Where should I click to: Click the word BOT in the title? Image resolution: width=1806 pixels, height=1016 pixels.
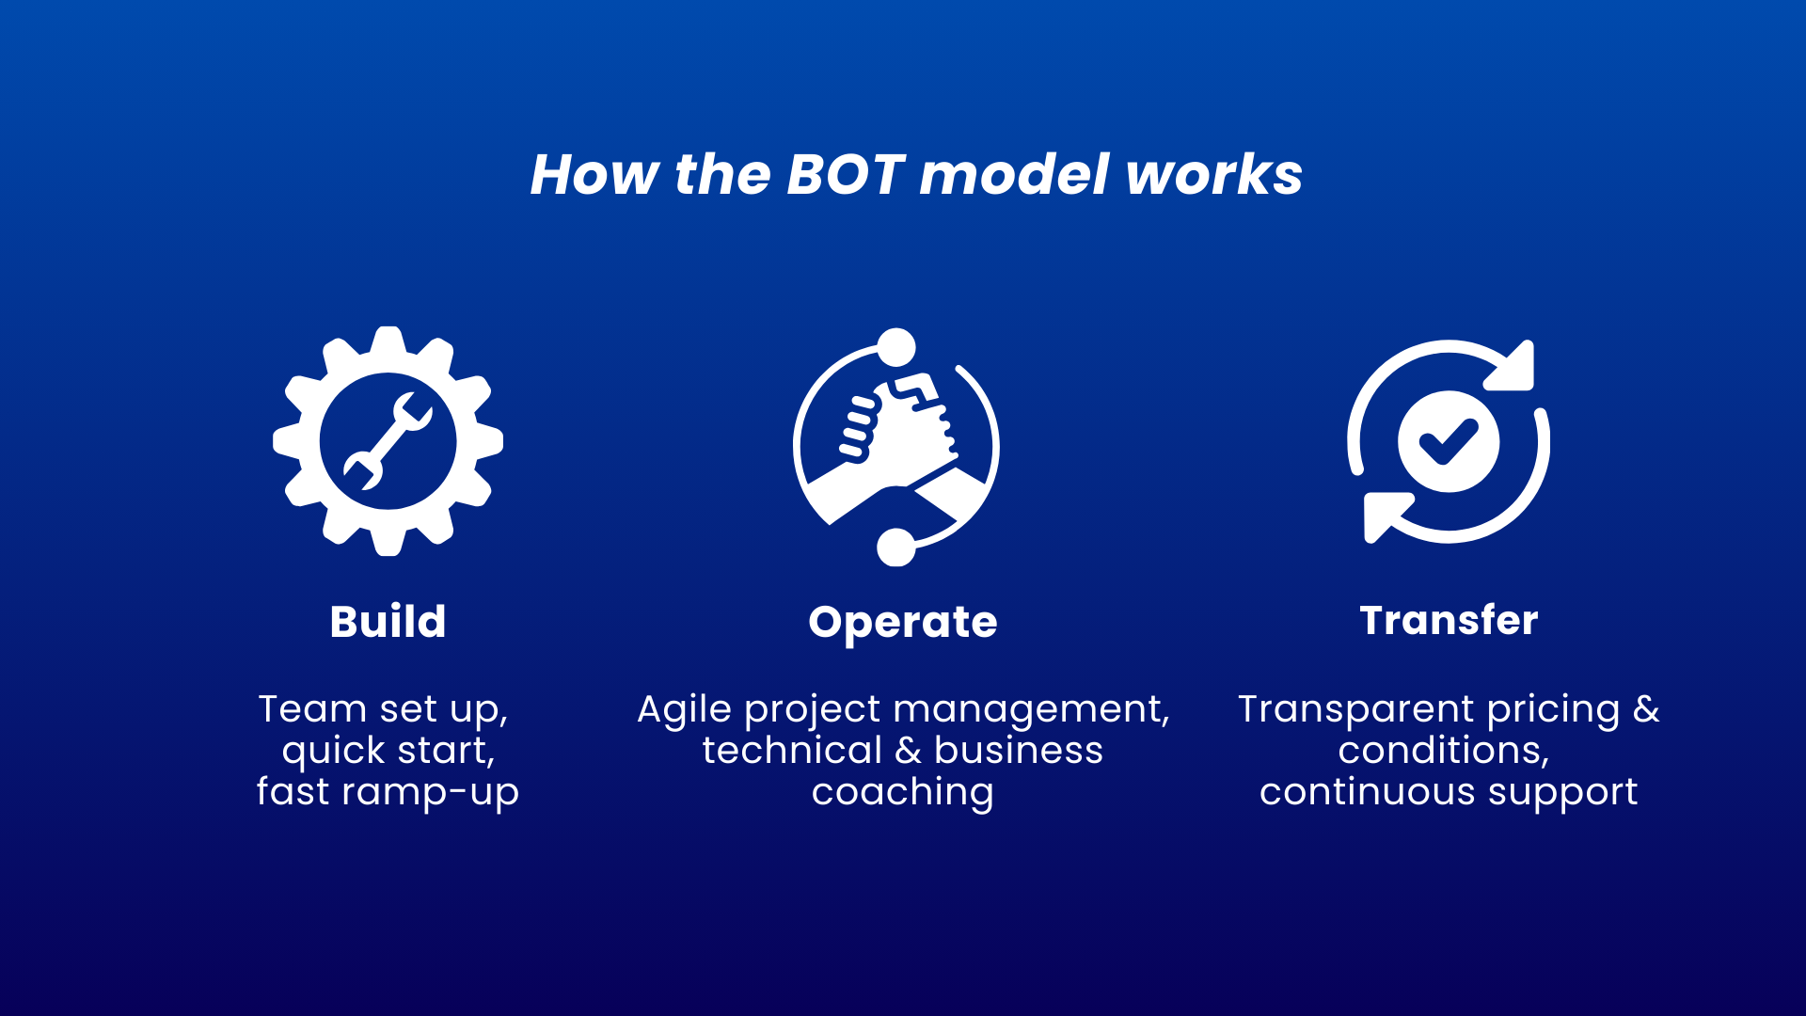point(844,175)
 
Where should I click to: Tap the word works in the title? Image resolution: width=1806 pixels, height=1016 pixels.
point(1213,175)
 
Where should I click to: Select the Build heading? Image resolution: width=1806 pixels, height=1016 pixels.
point(388,622)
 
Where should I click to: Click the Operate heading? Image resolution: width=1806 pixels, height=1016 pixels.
point(902,623)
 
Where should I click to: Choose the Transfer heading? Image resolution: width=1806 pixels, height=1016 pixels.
point(1449,621)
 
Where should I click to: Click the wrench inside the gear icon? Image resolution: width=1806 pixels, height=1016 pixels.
point(388,441)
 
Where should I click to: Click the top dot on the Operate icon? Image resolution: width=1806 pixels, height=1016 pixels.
point(896,347)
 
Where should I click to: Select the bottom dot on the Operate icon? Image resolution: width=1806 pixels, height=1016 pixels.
point(895,547)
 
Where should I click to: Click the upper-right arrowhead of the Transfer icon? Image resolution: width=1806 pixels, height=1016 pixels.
point(1514,367)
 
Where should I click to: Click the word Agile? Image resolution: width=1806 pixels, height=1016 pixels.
point(684,710)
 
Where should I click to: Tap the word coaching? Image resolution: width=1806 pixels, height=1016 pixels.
point(902,793)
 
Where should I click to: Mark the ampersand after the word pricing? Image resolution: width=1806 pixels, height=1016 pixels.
point(1645,709)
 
